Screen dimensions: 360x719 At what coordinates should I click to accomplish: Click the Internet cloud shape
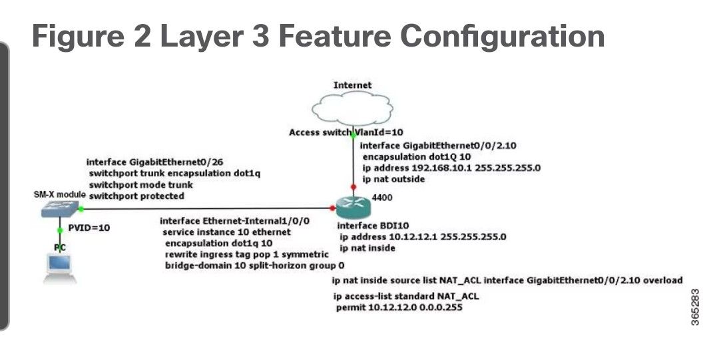coord(352,108)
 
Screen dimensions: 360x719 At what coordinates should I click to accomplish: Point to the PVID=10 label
coord(89,228)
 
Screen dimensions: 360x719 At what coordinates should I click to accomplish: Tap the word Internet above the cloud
coord(352,85)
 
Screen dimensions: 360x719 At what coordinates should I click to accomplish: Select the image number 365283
coord(696,307)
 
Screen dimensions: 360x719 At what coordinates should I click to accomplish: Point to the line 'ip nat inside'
coord(367,248)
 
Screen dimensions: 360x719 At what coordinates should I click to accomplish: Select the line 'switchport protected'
coord(136,196)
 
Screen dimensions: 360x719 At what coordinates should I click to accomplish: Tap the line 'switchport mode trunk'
coord(140,184)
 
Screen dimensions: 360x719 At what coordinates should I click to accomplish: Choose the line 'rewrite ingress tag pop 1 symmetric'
coord(246,254)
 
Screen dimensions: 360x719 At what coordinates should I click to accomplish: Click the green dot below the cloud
coord(353,133)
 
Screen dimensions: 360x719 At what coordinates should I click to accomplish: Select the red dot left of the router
coord(332,208)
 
